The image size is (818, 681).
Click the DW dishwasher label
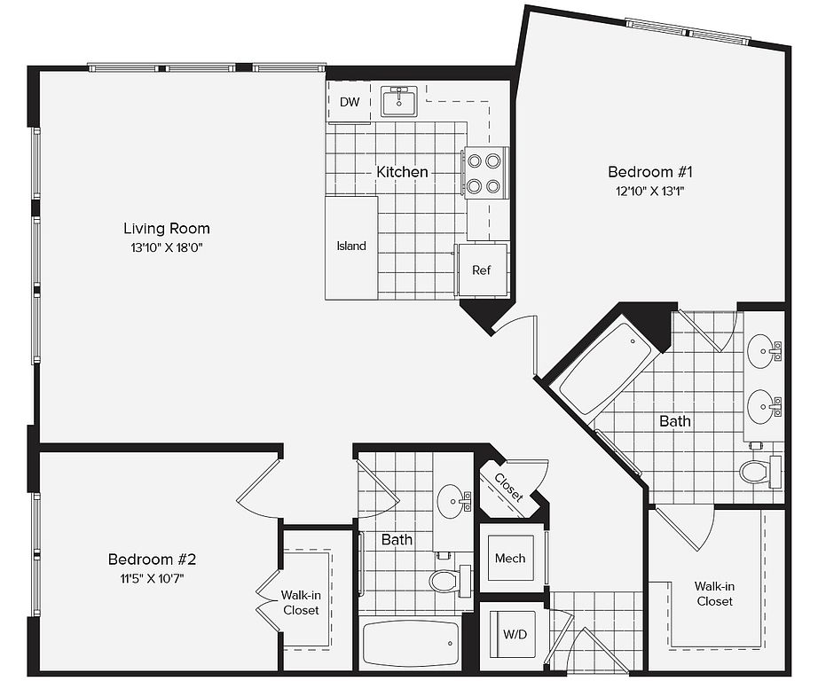[x=350, y=102]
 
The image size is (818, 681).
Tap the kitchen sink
[x=399, y=101]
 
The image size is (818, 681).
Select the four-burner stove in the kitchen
[x=485, y=173]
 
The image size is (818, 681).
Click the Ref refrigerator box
[x=482, y=270]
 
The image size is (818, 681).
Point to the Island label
[x=351, y=247]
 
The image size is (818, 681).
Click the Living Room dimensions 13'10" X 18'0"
[x=167, y=247]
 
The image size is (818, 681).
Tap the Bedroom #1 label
[x=650, y=171]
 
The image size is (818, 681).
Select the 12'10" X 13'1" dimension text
[x=650, y=191]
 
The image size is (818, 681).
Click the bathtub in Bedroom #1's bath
[x=605, y=369]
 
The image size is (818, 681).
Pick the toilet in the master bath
[x=760, y=472]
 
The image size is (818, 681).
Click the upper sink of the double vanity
[x=764, y=350]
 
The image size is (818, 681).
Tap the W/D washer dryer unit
[x=515, y=635]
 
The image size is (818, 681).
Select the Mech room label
[x=510, y=559]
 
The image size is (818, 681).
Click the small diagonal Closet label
[x=508, y=487]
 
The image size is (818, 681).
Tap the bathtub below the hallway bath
[x=411, y=642]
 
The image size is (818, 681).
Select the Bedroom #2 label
[x=152, y=560]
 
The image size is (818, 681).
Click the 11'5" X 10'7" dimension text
[x=152, y=579]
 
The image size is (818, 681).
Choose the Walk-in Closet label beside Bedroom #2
[x=301, y=603]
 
